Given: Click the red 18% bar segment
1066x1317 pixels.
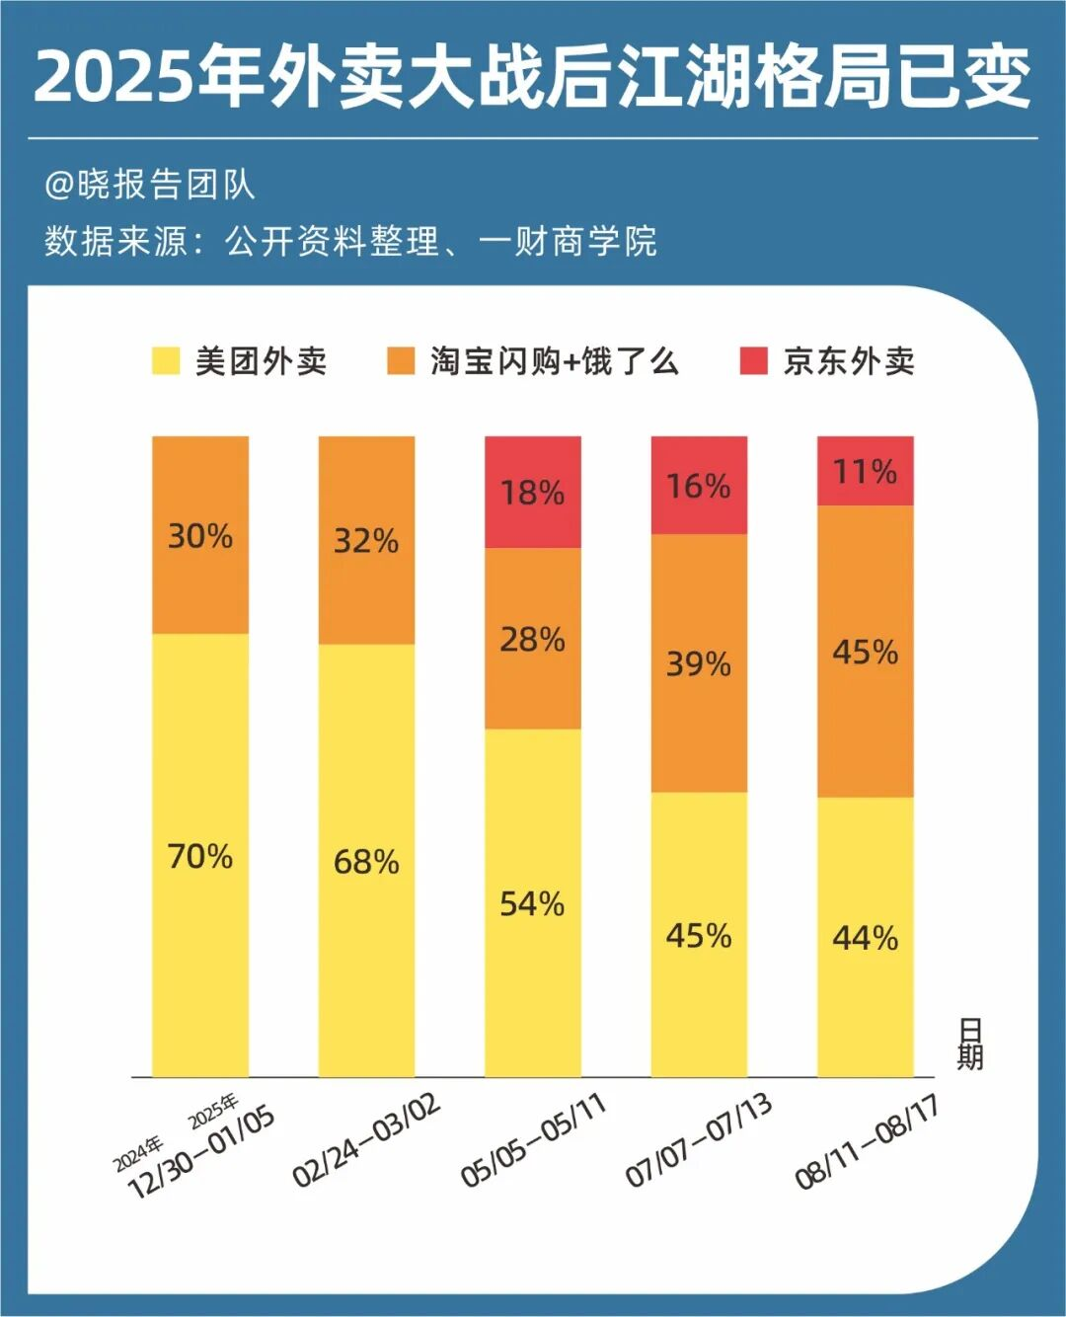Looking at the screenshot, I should [533, 492].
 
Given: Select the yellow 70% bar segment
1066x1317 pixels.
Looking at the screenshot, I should [200, 855].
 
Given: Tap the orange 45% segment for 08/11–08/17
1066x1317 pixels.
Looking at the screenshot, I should [866, 652].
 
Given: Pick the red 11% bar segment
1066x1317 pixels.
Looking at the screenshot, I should [866, 471].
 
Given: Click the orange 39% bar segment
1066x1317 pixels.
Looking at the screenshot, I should [699, 662].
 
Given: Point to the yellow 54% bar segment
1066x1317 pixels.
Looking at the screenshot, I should [533, 902].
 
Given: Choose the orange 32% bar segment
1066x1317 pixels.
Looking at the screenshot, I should [366, 540].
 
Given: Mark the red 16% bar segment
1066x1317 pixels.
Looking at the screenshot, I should [699, 485].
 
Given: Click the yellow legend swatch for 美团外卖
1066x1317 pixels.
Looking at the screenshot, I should [166, 361].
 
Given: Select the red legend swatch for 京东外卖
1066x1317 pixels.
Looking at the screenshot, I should [754, 361].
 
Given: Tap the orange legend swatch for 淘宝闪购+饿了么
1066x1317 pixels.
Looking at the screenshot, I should [401, 361].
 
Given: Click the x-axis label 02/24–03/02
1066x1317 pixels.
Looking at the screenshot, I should [367, 1139].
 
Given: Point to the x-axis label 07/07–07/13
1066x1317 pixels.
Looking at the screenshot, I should [699, 1139].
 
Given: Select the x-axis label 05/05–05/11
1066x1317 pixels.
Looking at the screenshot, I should [533, 1139].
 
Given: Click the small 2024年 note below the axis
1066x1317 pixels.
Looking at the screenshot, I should [138, 1153].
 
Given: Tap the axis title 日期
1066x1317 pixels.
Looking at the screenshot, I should [969, 1045].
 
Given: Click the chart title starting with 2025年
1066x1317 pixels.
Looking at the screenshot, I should [533, 77].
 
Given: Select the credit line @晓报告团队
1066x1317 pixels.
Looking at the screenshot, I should [150, 185].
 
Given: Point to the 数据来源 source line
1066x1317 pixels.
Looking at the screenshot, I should [350, 241].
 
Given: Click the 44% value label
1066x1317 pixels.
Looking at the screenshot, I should [866, 937].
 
